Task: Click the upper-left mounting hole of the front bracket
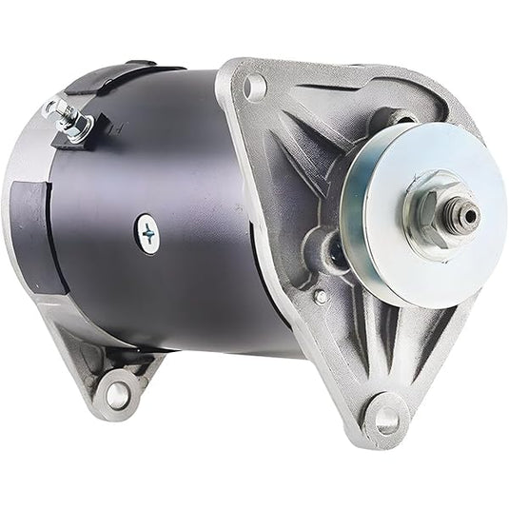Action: coord(254,89)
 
